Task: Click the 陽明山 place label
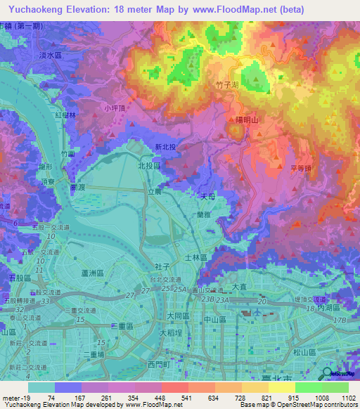tap(245, 120)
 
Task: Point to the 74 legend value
tap(51, 398)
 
